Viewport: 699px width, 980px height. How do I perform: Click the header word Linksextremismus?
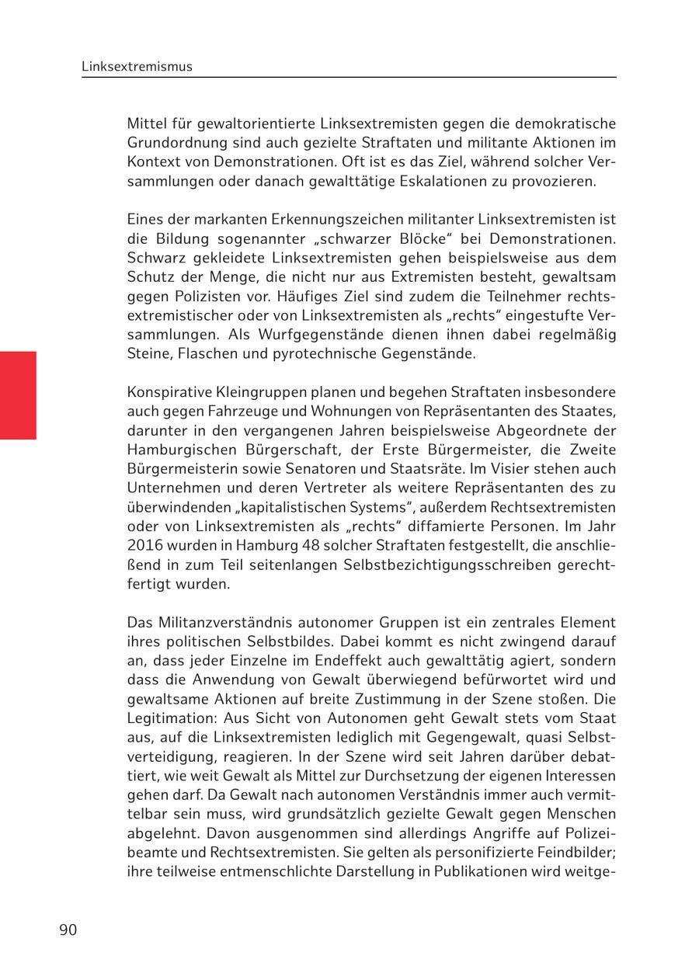tap(137, 67)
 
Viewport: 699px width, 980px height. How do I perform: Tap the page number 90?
tap(68, 930)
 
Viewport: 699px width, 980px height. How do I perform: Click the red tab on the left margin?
tap(18, 395)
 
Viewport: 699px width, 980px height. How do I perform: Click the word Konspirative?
tap(166, 392)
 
